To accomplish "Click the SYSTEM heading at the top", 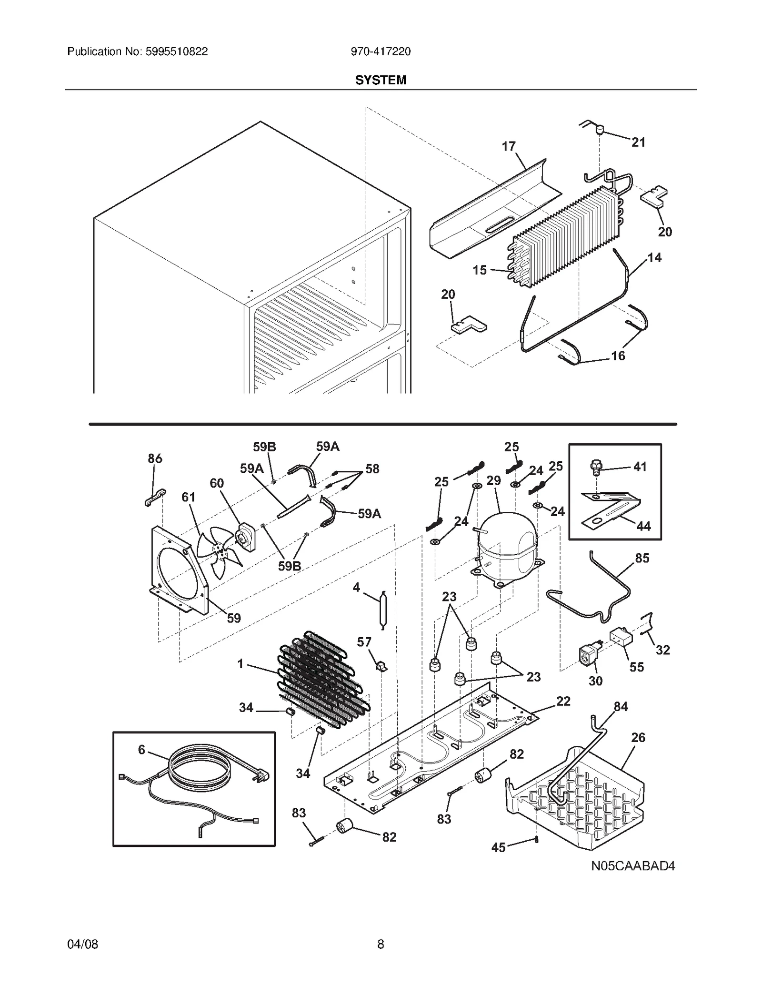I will point(381,80).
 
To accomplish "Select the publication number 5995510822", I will point(175,51).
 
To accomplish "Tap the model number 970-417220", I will point(381,51).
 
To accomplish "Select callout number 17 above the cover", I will point(509,146).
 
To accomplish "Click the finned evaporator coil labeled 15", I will point(567,236).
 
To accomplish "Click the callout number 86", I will point(155,458).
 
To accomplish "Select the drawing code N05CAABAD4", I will point(633,866).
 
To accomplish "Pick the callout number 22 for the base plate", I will point(563,701).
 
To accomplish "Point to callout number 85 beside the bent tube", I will point(642,558).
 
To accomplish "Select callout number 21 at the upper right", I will point(638,142).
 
